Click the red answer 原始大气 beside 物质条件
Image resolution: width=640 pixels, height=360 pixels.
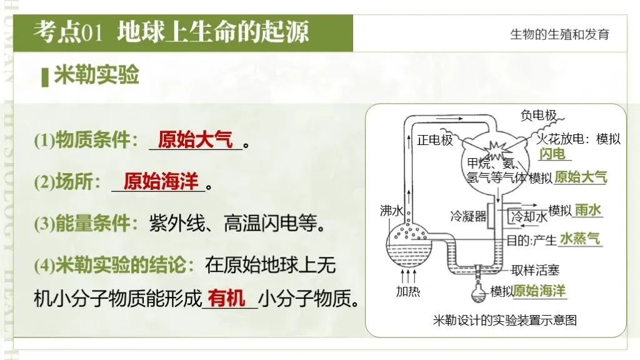pos(195,139)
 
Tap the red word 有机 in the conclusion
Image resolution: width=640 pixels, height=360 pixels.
pos(227,298)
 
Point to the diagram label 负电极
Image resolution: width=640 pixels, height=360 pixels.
pos(539,115)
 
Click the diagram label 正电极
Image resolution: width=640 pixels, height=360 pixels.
pos(434,139)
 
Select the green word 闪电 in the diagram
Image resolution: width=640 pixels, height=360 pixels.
pos(553,154)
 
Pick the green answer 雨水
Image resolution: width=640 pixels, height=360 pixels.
pos(588,210)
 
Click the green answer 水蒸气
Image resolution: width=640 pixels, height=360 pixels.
pos(579,239)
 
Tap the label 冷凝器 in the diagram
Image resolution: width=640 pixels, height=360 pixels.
pos(468,216)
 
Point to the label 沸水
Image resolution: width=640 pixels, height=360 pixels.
pos(391,211)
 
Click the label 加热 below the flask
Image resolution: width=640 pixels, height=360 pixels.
pos(407,291)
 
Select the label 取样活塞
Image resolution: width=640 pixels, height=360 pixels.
pos(535,270)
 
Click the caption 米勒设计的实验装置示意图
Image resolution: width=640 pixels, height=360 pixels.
pos(504,321)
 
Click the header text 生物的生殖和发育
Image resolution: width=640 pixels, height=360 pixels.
pos(559,34)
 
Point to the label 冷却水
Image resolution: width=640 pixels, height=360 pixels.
pos(529,217)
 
